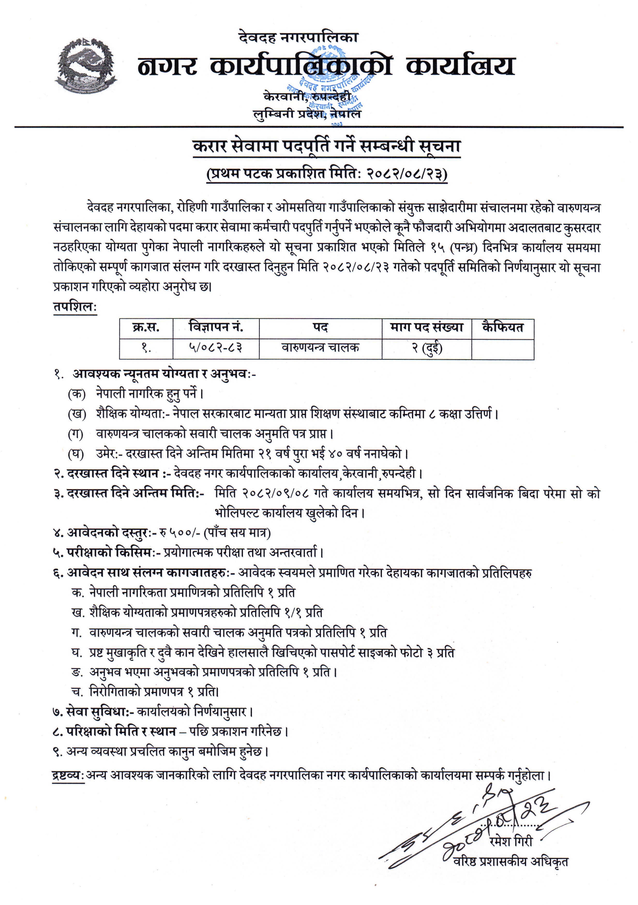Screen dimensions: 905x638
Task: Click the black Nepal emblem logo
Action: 86,66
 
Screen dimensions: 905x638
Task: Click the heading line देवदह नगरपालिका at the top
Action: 298,37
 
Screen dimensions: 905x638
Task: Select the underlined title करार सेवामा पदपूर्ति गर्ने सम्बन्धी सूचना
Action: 326,147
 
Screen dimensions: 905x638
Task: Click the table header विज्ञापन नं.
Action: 216,328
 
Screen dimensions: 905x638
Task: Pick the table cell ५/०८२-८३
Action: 216,348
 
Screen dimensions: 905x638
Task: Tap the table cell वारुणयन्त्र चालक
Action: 320,348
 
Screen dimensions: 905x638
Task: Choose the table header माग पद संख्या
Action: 427,328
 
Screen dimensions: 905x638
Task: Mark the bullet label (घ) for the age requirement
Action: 76,454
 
